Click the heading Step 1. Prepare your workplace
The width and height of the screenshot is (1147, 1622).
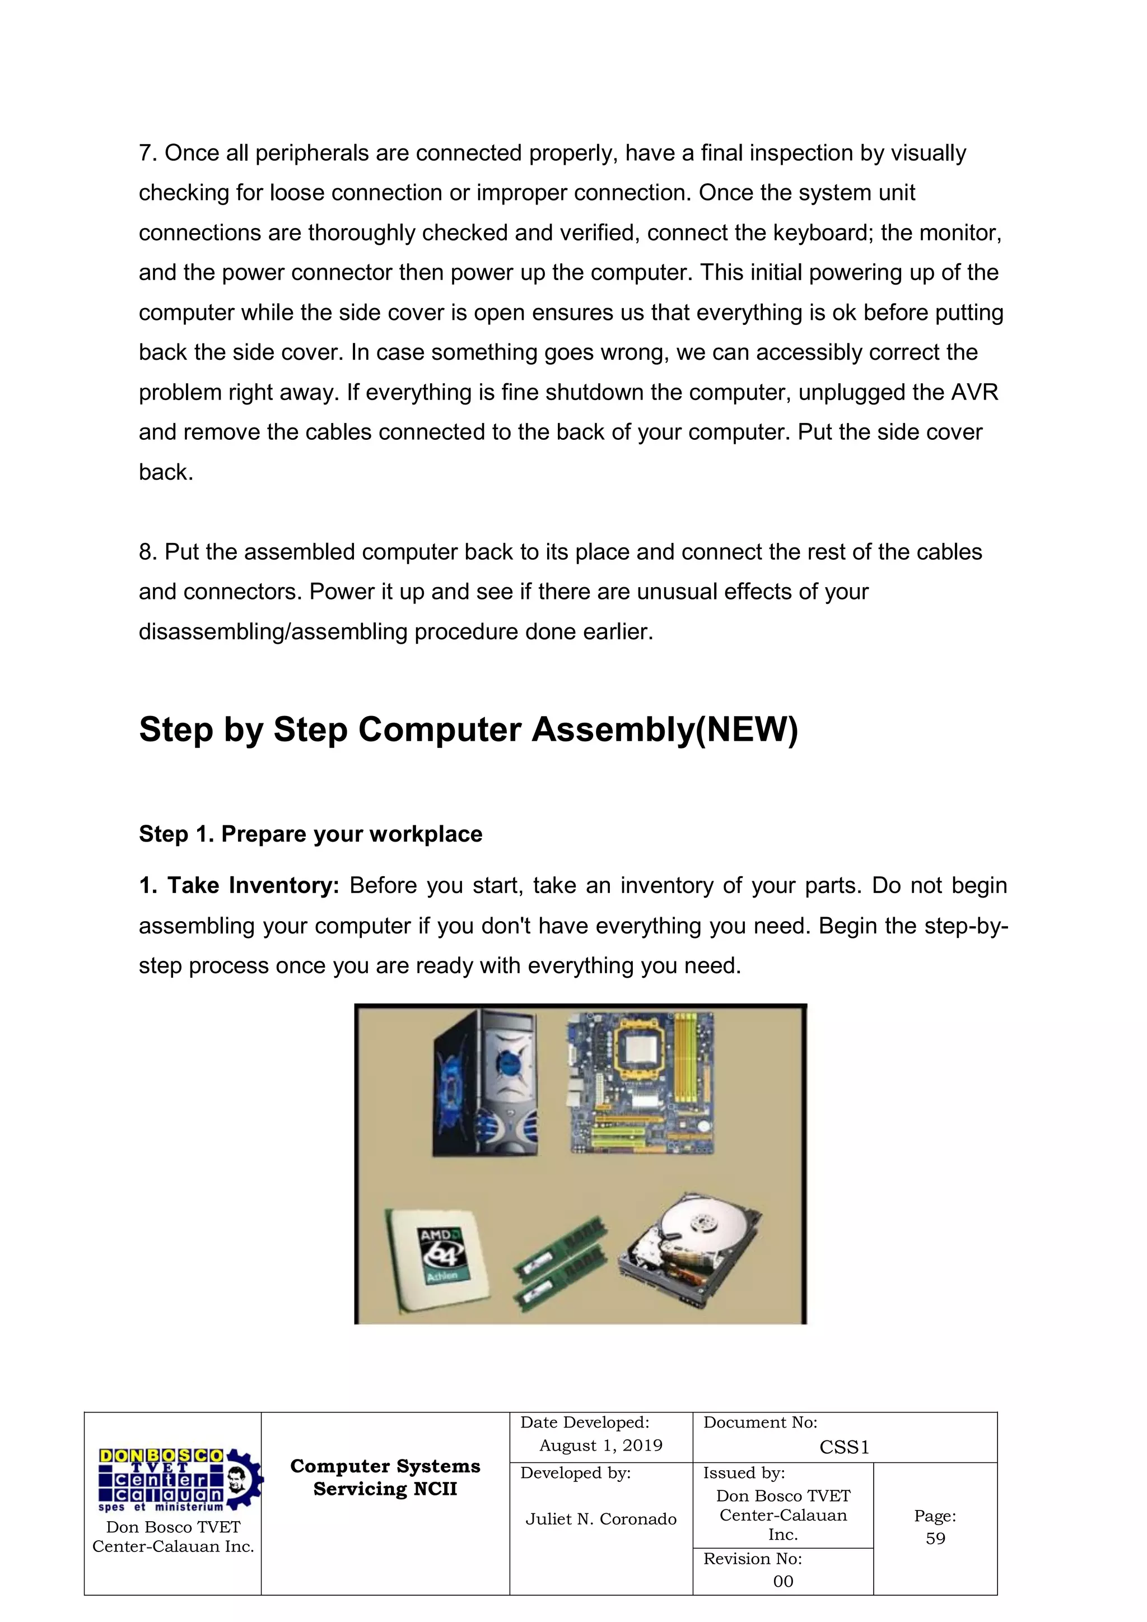click(x=310, y=834)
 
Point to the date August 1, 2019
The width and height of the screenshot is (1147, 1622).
click(x=600, y=1446)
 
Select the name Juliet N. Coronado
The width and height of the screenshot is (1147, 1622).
click(x=600, y=1519)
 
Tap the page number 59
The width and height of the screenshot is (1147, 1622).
click(x=935, y=1538)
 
